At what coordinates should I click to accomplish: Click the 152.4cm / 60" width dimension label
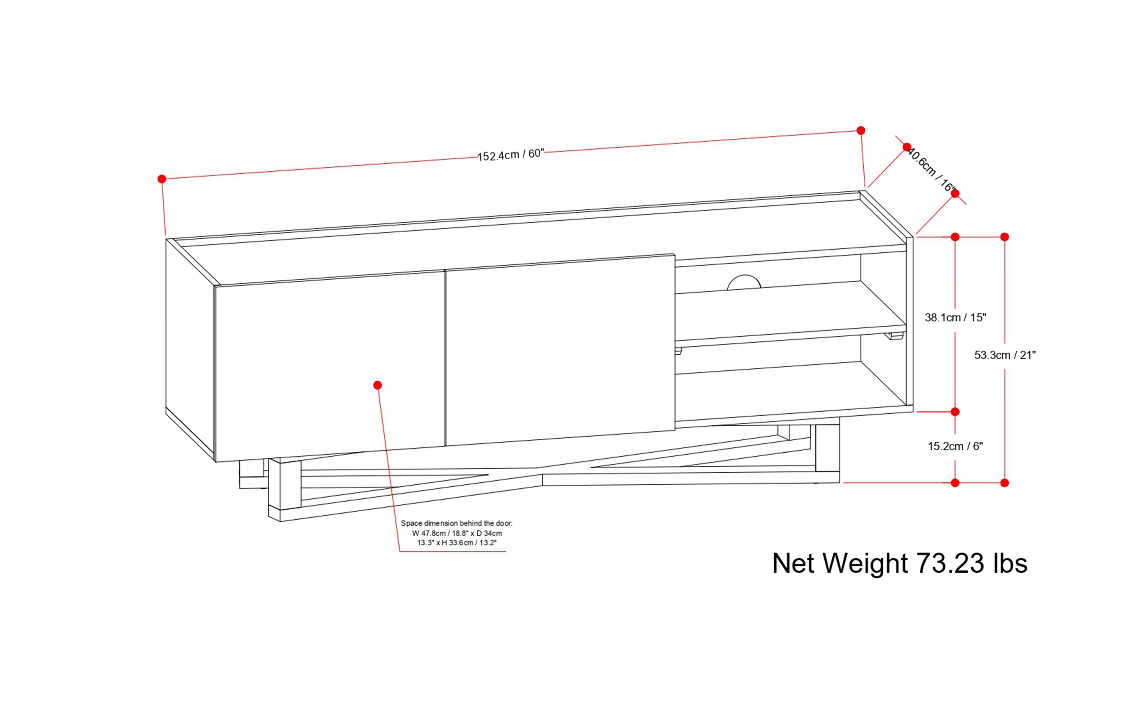[x=510, y=155]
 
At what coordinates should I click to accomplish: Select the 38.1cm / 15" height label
[x=955, y=318]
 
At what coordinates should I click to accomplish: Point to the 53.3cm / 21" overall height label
[x=1005, y=355]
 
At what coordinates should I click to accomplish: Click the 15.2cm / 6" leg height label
[x=955, y=446]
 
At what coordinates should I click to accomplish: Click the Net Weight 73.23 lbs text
[x=899, y=563]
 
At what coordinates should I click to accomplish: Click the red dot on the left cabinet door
[x=377, y=385]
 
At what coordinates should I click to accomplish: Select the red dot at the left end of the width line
[x=162, y=179]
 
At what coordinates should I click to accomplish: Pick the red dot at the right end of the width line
[x=861, y=130]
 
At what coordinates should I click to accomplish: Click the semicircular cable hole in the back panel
[x=744, y=282]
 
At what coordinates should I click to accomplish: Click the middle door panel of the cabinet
[x=559, y=351]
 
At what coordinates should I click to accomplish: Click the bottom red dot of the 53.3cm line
[x=1005, y=482]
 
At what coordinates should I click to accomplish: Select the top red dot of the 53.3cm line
[x=1005, y=237]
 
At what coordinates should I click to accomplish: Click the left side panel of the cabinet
[x=190, y=346]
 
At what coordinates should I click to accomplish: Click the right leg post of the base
[x=827, y=449]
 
